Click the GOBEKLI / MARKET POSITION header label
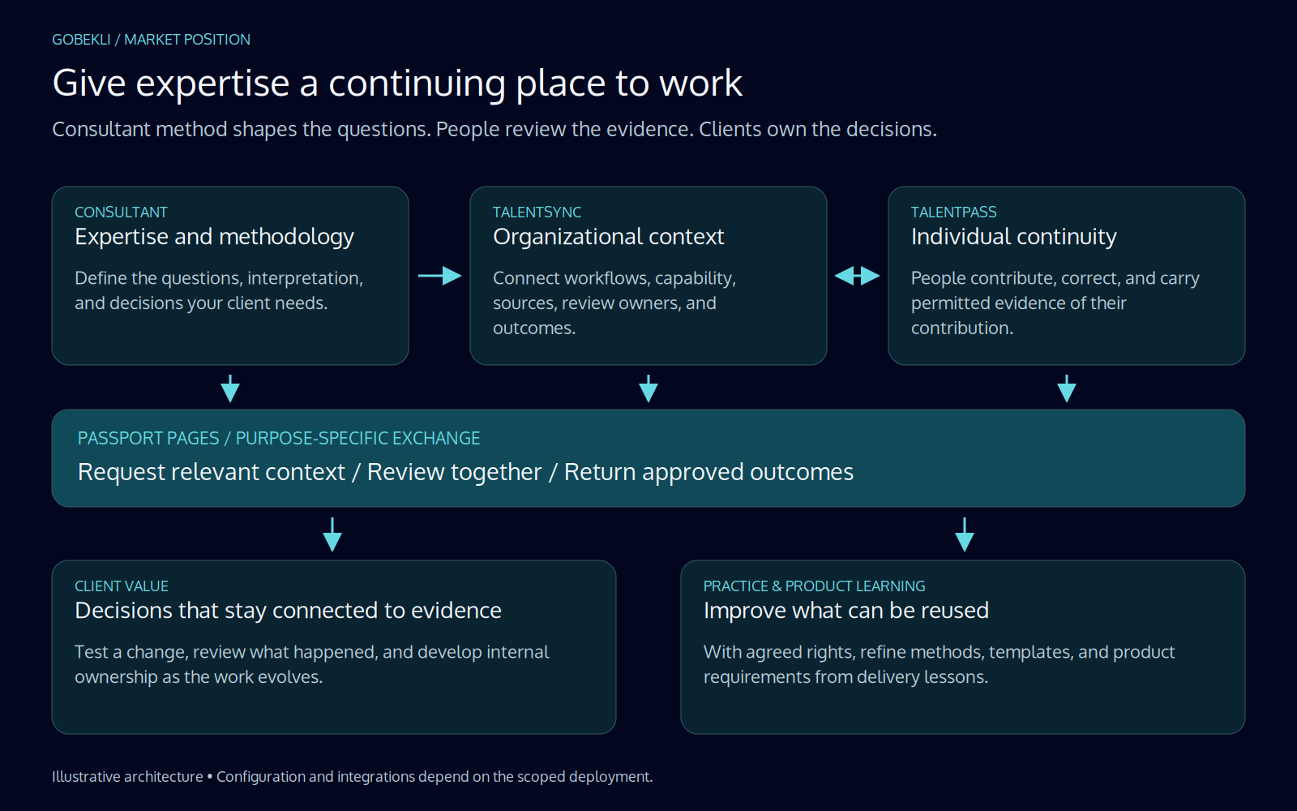(x=151, y=40)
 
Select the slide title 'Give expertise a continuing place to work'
(x=397, y=84)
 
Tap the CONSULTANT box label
(x=121, y=212)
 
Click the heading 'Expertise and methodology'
(x=214, y=237)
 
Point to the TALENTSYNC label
(x=537, y=212)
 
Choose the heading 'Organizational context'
(x=608, y=237)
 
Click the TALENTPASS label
(x=953, y=212)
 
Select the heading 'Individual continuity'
(x=1013, y=237)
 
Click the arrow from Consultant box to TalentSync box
(x=440, y=276)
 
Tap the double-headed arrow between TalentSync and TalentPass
(x=858, y=276)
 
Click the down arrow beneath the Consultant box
(x=230, y=388)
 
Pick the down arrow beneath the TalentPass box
(x=1067, y=388)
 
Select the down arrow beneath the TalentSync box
(x=648, y=388)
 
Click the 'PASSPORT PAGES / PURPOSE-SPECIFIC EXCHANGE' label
(x=279, y=439)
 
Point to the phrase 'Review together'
(x=455, y=472)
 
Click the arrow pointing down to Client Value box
(x=332, y=534)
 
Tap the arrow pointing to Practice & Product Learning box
(x=965, y=534)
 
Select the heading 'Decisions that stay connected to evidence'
(x=288, y=611)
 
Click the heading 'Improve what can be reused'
(x=846, y=611)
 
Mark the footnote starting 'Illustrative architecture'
(x=352, y=777)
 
